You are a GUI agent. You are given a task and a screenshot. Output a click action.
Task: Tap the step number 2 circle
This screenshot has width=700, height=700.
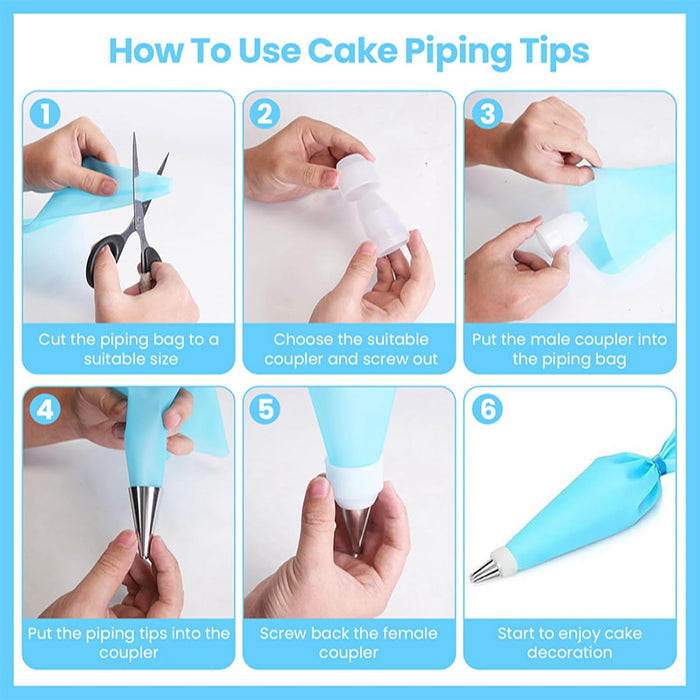click(265, 113)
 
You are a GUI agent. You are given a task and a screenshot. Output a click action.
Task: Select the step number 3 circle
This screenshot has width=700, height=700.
click(486, 113)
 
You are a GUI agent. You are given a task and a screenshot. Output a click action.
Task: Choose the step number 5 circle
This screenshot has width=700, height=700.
click(265, 409)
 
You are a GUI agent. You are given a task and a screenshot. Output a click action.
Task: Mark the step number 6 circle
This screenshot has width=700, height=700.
click(486, 409)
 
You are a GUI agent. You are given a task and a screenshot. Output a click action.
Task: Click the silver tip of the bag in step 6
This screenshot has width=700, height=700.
click(485, 570)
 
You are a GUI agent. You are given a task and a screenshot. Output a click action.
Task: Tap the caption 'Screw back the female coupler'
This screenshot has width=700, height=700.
click(349, 642)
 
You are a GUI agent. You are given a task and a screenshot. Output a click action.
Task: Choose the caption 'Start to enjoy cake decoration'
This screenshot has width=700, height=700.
click(569, 642)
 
